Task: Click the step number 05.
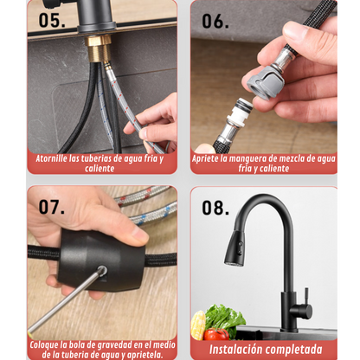[x=52, y=20]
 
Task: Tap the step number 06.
[x=215, y=21]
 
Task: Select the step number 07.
[x=52, y=207]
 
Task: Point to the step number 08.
[x=215, y=208]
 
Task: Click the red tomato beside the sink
[x=216, y=334]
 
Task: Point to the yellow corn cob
[x=198, y=325]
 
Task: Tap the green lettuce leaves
[x=224, y=318]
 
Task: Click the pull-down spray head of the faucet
[x=235, y=248]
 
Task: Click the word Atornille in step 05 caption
[x=51, y=158]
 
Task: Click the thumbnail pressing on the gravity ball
[x=140, y=237]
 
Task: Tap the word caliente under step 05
[x=100, y=169]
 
